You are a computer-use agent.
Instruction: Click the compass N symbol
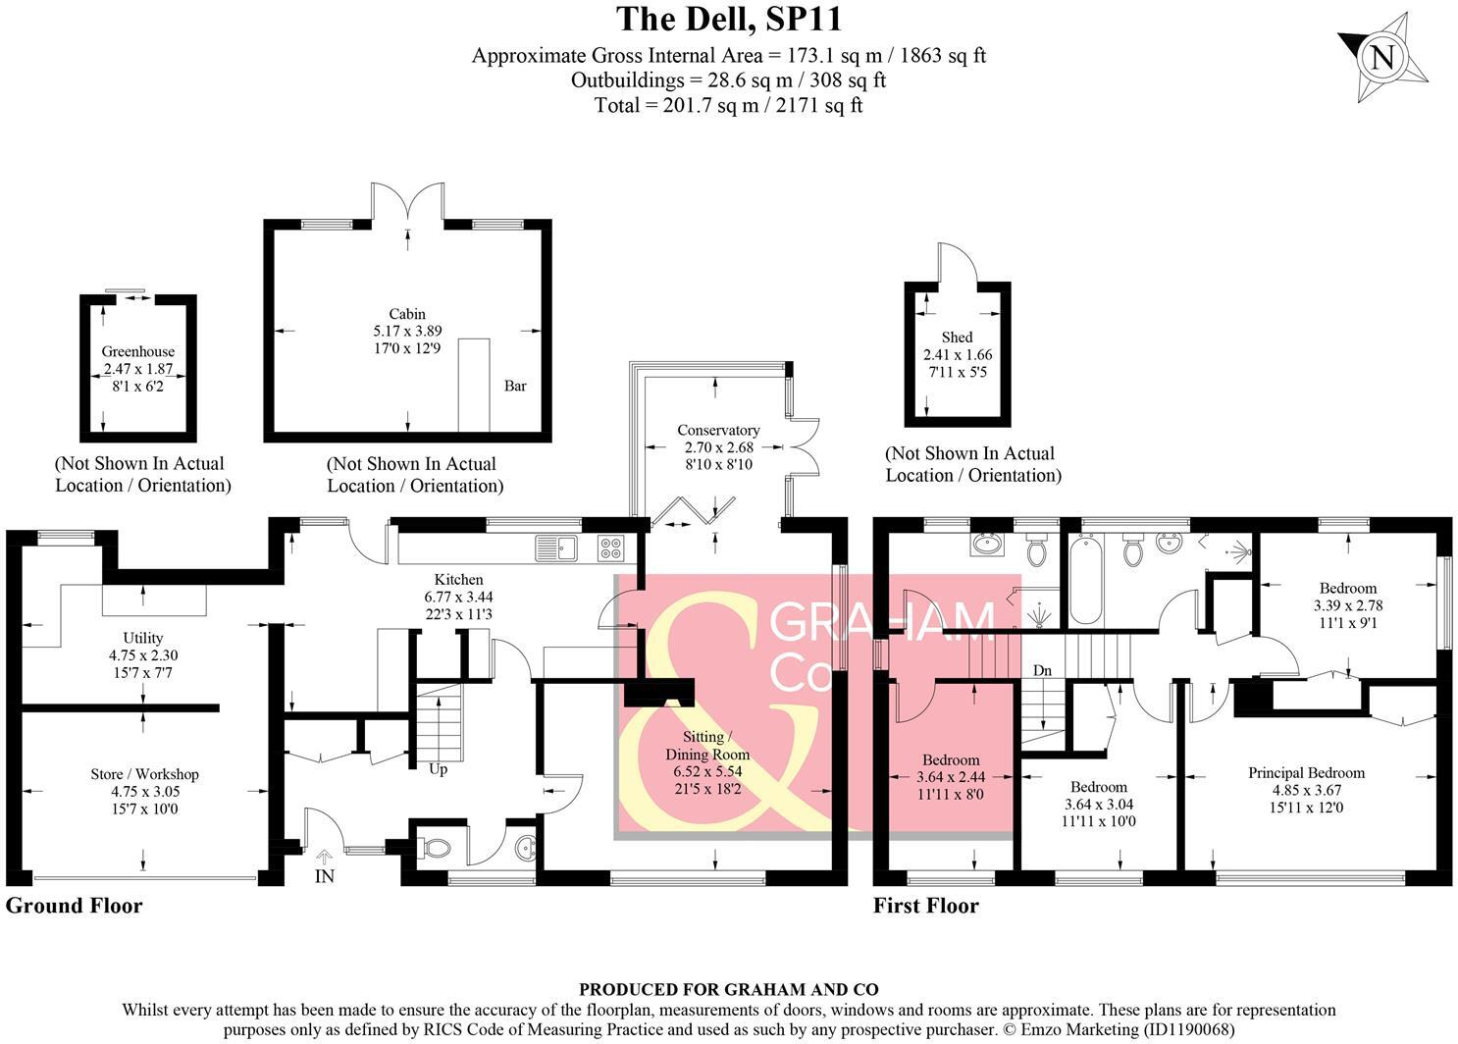1382,58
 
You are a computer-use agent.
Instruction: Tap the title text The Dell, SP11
729,19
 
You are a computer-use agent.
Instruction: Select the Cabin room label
407,314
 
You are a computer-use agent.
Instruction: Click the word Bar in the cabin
515,386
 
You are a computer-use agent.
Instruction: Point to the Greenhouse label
138,351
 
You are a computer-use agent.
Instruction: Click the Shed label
957,338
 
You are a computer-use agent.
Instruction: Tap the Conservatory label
718,430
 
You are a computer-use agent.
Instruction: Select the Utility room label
143,638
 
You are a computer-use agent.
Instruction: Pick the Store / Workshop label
145,774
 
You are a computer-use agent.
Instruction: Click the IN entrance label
324,876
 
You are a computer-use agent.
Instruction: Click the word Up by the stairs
438,769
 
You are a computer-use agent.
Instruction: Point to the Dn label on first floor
1042,670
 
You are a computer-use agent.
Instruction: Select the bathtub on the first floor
1085,581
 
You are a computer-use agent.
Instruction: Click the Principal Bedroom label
1306,772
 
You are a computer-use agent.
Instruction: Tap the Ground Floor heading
74,906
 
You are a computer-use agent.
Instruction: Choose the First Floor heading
926,906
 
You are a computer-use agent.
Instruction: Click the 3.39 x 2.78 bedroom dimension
1347,605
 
